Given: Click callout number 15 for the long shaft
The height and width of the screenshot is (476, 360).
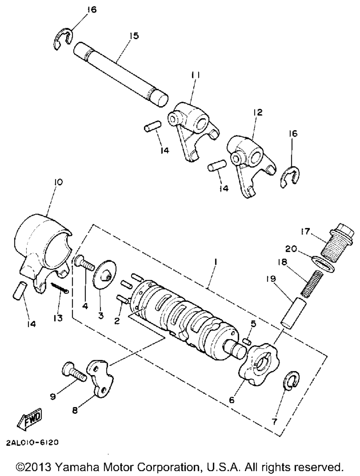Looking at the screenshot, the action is [x=134, y=36].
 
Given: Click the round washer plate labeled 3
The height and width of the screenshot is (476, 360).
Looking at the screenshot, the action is [x=104, y=274].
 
